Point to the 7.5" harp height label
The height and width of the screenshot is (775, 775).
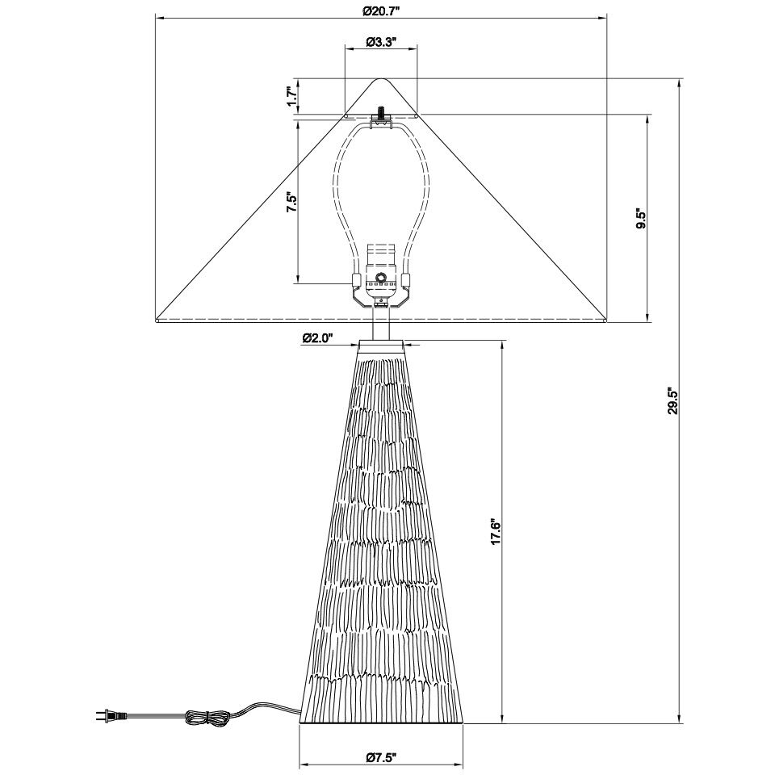[x=291, y=202]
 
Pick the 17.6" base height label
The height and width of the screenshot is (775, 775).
[x=496, y=531]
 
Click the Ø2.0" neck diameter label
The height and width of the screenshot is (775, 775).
[x=317, y=337]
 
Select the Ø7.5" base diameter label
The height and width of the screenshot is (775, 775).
[x=381, y=756]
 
